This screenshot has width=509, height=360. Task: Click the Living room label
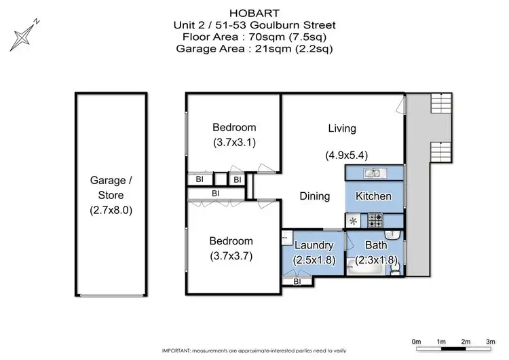coord(342,128)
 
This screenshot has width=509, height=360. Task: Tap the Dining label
coord(315,196)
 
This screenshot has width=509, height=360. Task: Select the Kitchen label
coord(374,196)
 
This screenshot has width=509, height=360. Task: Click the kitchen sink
coord(374,173)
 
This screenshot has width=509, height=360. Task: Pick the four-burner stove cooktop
coord(375,221)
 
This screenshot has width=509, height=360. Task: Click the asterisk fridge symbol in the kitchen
coord(353,221)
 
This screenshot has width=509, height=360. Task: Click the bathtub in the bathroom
coord(367,270)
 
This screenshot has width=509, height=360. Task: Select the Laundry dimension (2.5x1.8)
coord(314,260)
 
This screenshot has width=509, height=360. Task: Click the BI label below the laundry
coord(297,281)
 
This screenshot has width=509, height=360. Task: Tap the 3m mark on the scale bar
coord(490,340)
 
